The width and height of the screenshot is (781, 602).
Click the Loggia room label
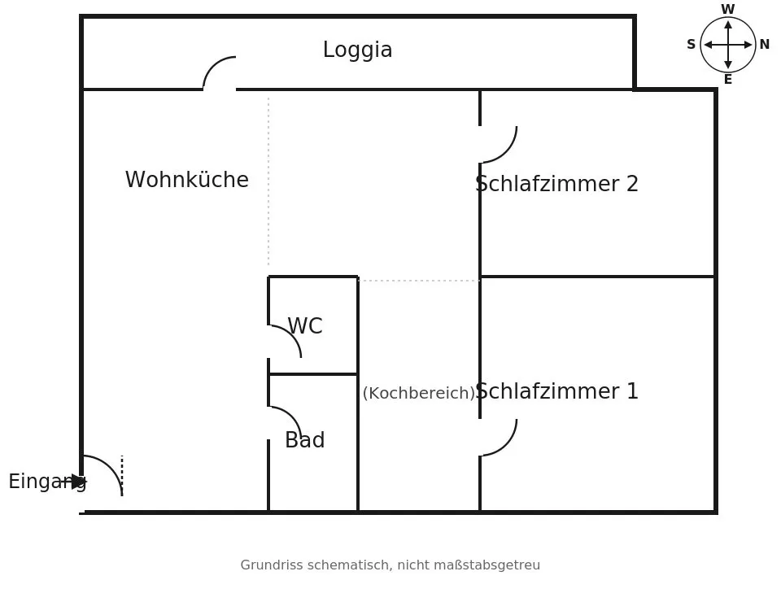(x=358, y=50)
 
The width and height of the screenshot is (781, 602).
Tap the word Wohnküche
(x=187, y=179)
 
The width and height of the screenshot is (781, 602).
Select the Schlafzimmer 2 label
(x=556, y=184)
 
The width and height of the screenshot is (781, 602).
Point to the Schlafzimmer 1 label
(x=556, y=391)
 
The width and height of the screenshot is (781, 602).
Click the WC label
(x=305, y=326)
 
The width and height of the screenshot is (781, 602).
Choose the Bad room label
(x=305, y=440)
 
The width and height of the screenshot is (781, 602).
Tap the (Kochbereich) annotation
(x=419, y=393)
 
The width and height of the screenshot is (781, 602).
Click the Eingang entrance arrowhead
(x=79, y=482)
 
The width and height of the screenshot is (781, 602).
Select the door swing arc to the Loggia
(x=212, y=65)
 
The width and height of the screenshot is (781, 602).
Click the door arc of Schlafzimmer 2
(x=507, y=152)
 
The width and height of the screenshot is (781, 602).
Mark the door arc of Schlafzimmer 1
(x=507, y=445)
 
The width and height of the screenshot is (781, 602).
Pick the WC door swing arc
(x=291, y=334)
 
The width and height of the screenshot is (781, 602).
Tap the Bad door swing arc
(x=291, y=416)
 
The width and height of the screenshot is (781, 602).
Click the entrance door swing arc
(x=111, y=467)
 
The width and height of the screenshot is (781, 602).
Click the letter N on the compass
(x=765, y=45)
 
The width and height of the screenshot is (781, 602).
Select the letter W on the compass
(x=727, y=10)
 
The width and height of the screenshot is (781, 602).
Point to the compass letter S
(x=691, y=45)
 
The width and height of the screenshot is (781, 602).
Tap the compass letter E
(x=727, y=80)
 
